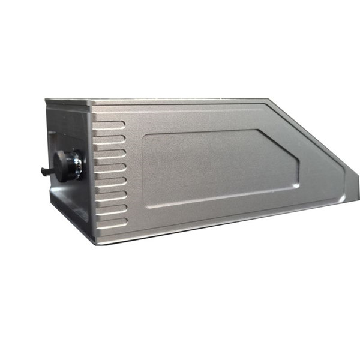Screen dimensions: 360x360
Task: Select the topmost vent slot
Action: pos(110,125)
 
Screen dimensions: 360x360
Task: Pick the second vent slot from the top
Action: pos(110,139)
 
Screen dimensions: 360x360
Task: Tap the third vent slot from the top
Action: pos(110,153)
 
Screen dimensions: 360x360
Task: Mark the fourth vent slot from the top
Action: pos(110,167)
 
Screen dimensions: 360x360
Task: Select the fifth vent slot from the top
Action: pos(111,181)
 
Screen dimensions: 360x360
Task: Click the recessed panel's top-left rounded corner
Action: pos(146,135)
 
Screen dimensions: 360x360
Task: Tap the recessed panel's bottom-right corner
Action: pos(296,185)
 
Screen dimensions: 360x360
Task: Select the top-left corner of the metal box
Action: pos(46,99)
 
